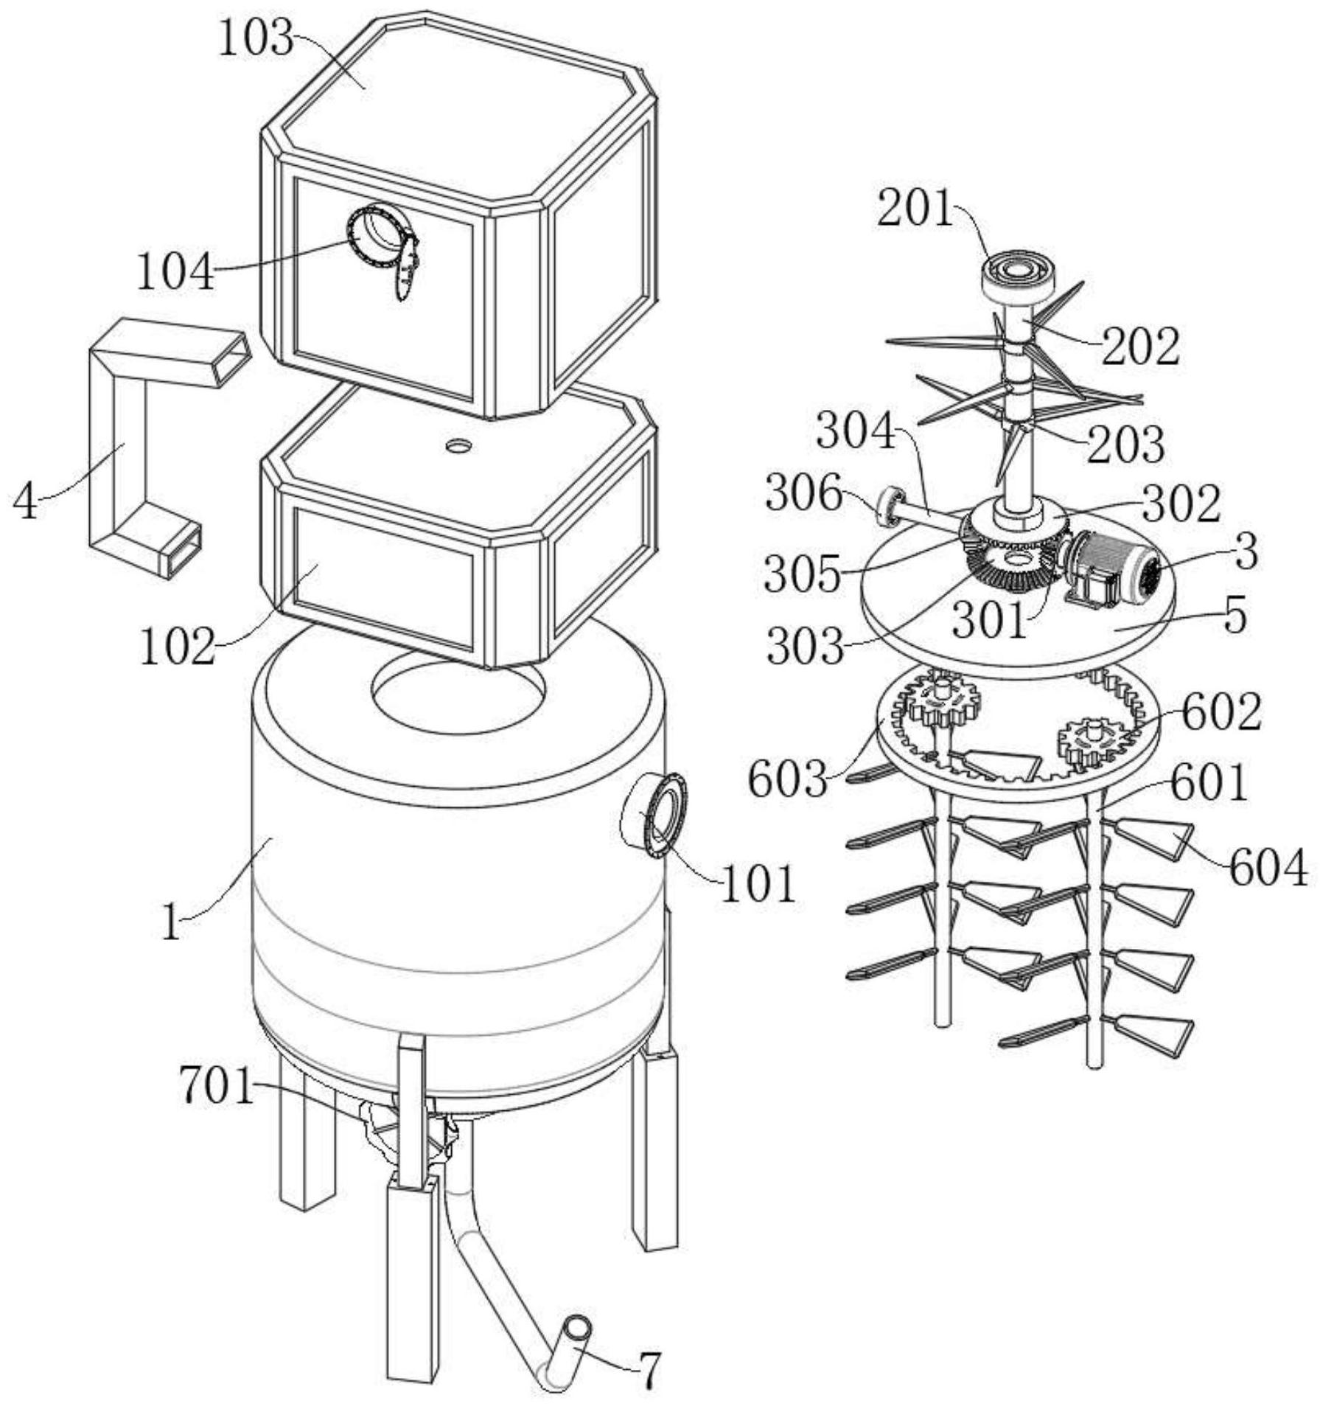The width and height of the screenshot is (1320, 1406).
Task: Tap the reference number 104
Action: click(x=175, y=271)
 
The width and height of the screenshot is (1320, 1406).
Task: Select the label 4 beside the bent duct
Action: click(x=27, y=503)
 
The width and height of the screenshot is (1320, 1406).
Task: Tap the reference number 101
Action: click(x=758, y=883)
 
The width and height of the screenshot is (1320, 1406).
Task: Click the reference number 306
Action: click(x=803, y=493)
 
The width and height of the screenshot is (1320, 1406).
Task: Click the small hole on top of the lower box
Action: click(x=459, y=445)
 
